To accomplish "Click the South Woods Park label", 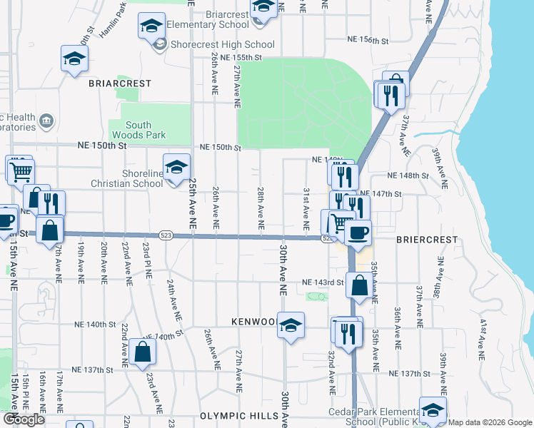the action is tap(138, 129).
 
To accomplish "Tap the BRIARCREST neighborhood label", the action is tap(120, 83).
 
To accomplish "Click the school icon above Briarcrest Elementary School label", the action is tap(263, 7).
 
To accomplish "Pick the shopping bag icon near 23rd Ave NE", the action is tap(143, 351).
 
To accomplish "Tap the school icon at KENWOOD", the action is tap(291, 325).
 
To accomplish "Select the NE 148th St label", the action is tap(408, 175).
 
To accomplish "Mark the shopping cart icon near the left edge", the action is tap(21, 170).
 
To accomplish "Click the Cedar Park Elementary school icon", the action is tap(433, 410).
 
